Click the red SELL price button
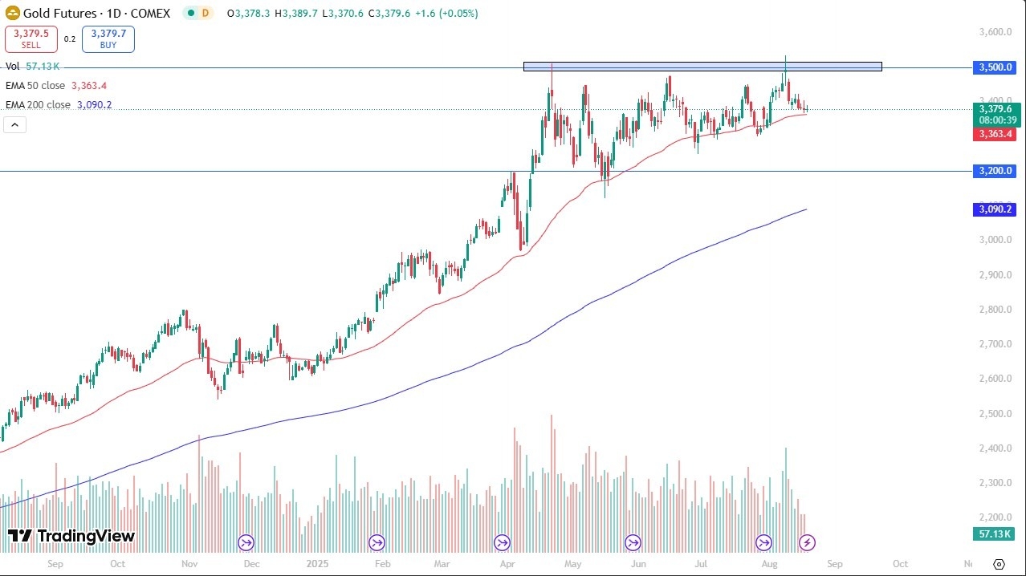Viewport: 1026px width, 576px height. [x=30, y=39]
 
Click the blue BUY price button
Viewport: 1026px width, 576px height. [x=108, y=39]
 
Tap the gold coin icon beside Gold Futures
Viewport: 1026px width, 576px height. [x=12, y=13]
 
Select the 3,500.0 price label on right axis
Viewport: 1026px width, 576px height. [x=995, y=67]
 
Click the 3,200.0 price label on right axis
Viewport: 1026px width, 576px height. [x=995, y=171]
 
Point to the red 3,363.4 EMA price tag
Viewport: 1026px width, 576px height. [x=995, y=134]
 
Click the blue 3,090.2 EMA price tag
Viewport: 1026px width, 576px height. [x=995, y=209]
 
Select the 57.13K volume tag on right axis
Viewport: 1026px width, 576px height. [x=995, y=534]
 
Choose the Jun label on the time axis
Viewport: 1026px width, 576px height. [x=638, y=564]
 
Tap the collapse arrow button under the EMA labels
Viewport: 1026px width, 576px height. [x=15, y=124]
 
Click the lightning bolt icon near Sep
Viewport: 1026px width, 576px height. [x=808, y=543]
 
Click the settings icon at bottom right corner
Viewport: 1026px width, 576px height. [x=1000, y=564]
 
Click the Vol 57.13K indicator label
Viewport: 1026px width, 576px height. [x=32, y=67]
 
